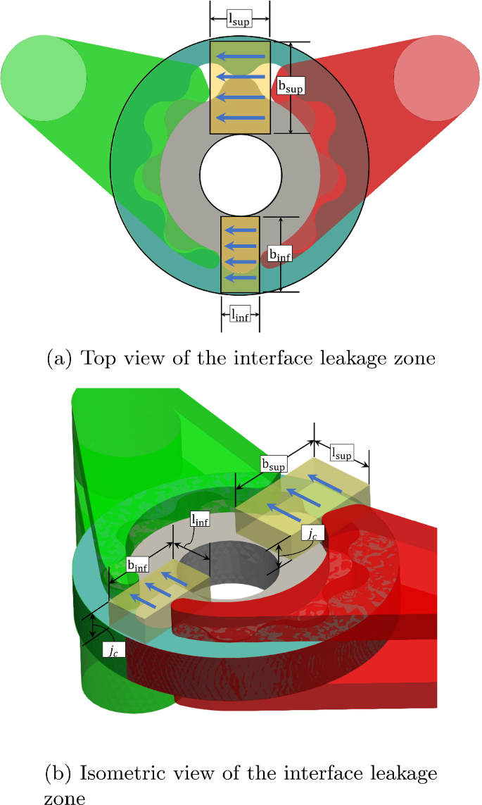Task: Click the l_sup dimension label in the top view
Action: pyautogui.click(x=239, y=20)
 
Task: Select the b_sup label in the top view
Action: pyautogui.click(x=291, y=87)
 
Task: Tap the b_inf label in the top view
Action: pyautogui.click(x=281, y=254)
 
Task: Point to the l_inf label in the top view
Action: pyautogui.click(x=240, y=314)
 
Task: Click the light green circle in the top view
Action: pyautogui.click(x=44, y=77)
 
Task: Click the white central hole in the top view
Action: pyautogui.click(x=241, y=175)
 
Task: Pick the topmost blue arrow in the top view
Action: pyautogui.click(x=241, y=56)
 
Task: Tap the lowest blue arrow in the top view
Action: pyautogui.click(x=241, y=278)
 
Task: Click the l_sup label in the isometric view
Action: pyautogui.click(x=341, y=454)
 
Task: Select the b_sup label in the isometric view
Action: pyautogui.click(x=273, y=465)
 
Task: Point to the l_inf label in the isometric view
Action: pyautogui.click(x=200, y=520)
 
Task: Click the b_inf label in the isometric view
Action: pyautogui.click(x=138, y=566)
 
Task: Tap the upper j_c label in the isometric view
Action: pyautogui.click(x=313, y=535)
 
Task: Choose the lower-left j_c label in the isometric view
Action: pyautogui.click(x=114, y=651)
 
